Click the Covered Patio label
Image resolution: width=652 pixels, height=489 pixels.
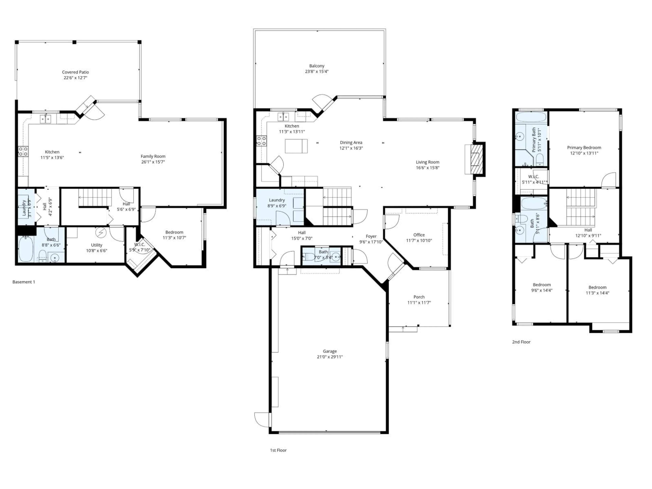click(x=75, y=72)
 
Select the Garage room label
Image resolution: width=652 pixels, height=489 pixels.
click(x=330, y=351)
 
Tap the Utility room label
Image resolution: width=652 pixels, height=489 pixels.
click(x=96, y=245)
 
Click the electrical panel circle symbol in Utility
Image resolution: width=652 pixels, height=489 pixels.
click(x=101, y=233)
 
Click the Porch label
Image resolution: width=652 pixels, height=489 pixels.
click(x=419, y=297)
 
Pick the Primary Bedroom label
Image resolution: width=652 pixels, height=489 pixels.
click(x=584, y=147)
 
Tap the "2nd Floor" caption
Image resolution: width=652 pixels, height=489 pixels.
click(x=521, y=342)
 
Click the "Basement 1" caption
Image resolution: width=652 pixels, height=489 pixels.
click(x=24, y=282)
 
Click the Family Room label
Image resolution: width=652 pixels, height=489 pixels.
click(x=153, y=156)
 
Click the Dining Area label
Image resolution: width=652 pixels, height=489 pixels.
click(x=351, y=142)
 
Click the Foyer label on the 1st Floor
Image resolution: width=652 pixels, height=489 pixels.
click(x=371, y=236)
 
